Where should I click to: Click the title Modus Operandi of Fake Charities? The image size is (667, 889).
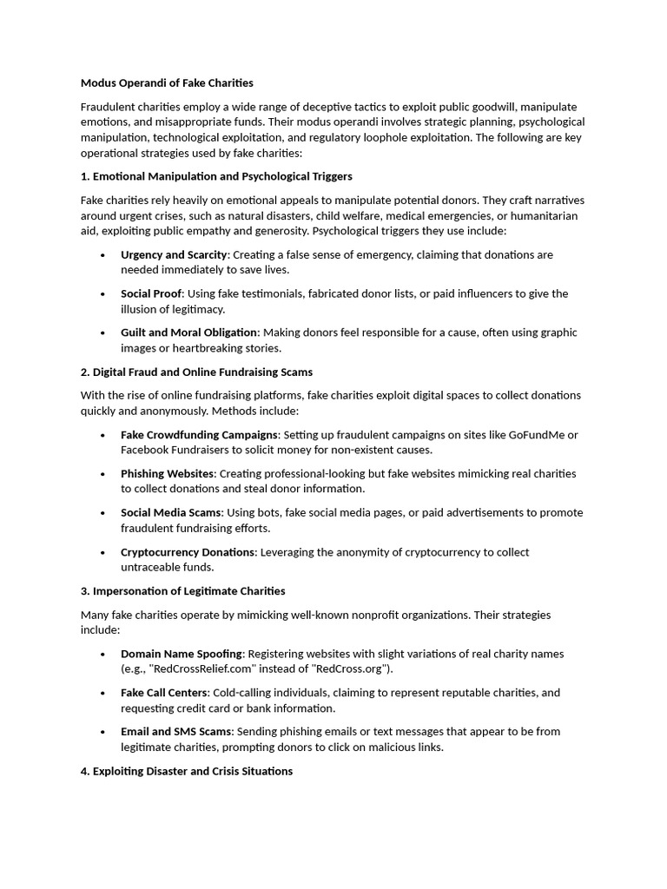[x=167, y=82]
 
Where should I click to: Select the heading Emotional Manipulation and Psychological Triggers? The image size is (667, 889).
[x=216, y=176]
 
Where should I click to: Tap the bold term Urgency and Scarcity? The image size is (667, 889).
[x=174, y=254]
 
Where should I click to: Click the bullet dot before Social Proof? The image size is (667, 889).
[x=102, y=294]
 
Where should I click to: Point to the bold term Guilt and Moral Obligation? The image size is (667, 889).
[x=189, y=333]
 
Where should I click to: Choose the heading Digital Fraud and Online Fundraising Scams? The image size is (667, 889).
[x=196, y=372]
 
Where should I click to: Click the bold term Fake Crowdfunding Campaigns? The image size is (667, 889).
[x=199, y=435]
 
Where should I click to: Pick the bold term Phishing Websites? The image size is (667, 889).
[x=167, y=474]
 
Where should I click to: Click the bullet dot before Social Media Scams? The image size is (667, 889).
[x=102, y=513]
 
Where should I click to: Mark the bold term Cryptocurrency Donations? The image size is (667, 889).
[x=188, y=552]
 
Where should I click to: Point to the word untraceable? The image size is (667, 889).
[x=151, y=567]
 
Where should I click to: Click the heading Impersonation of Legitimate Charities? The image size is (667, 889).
[x=182, y=591]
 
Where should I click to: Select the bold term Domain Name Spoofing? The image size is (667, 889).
[x=182, y=654]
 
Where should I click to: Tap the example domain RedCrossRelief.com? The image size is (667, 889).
[x=201, y=668]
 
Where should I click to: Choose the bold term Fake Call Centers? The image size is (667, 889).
[x=164, y=693]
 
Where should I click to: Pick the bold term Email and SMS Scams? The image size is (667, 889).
[x=176, y=732]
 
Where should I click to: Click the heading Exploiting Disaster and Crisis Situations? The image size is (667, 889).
[x=187, y=771]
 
